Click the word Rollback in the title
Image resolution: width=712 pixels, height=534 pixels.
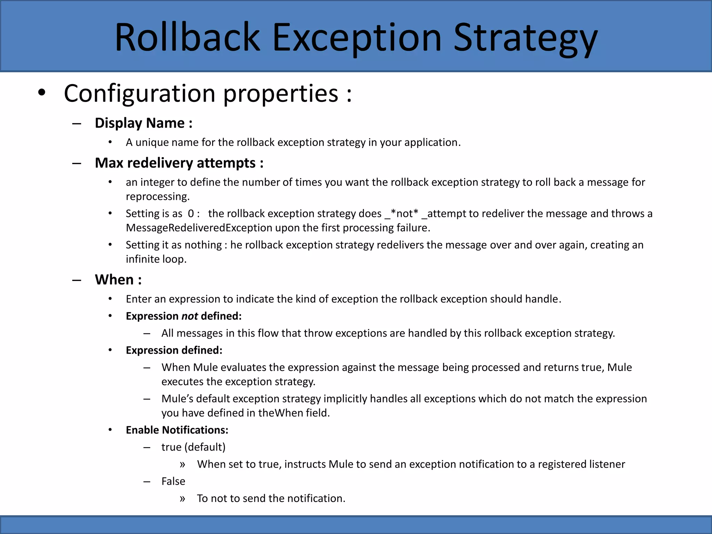(187, 37)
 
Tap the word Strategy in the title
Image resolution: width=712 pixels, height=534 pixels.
(525, 38)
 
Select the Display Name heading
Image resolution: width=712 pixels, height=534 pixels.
(143, 123)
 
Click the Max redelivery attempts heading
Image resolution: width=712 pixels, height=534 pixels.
(179, 163)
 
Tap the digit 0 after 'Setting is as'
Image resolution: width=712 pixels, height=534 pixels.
(191, 213)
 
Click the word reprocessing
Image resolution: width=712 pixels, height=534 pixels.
(157, 196)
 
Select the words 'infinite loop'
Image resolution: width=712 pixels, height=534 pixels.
(156, 259)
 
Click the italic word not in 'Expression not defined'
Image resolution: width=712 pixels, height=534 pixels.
(189, 316)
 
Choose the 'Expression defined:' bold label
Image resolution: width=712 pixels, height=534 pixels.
(174, 350)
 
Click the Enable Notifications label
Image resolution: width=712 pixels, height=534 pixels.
(177, 430)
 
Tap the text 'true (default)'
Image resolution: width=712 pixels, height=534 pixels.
(193, 447)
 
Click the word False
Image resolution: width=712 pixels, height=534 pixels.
(173, 481)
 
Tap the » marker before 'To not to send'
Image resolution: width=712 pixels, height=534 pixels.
(183, 499)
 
